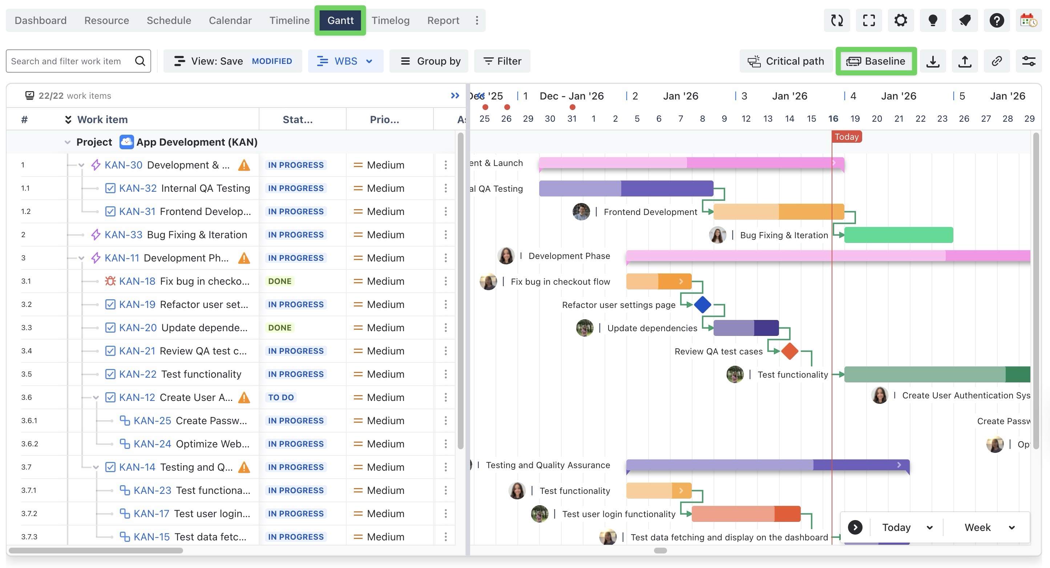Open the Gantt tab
340,20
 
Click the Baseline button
876,61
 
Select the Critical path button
786,61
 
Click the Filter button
502,61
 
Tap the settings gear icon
901,20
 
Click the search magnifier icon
140,61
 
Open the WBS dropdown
345,61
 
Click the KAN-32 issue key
138,188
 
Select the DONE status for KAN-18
280,281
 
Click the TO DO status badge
281,397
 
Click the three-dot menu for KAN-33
445,235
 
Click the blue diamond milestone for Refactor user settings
703,305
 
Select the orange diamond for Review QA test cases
790,351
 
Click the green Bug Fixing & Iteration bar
899,235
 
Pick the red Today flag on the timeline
847,137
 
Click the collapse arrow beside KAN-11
81,258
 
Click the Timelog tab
391,20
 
